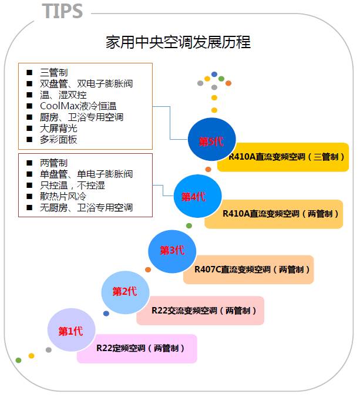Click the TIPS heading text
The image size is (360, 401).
[x=63, y=11]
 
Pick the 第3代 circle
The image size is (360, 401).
[x=171, y=251]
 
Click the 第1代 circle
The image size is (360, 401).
[x=70, y=331]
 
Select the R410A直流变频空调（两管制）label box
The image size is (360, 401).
[x=273, y=214]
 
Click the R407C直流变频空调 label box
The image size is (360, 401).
[x=253, y=269]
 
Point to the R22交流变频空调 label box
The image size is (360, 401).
[x=200, y=310]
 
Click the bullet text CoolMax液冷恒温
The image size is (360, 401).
[x=78, y=106]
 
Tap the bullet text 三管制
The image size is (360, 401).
[x=53, y=72]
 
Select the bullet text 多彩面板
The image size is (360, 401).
[x=59, y=139]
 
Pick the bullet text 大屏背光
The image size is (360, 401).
[x=59, y=128]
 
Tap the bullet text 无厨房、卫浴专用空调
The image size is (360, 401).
[x=86, y=207]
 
